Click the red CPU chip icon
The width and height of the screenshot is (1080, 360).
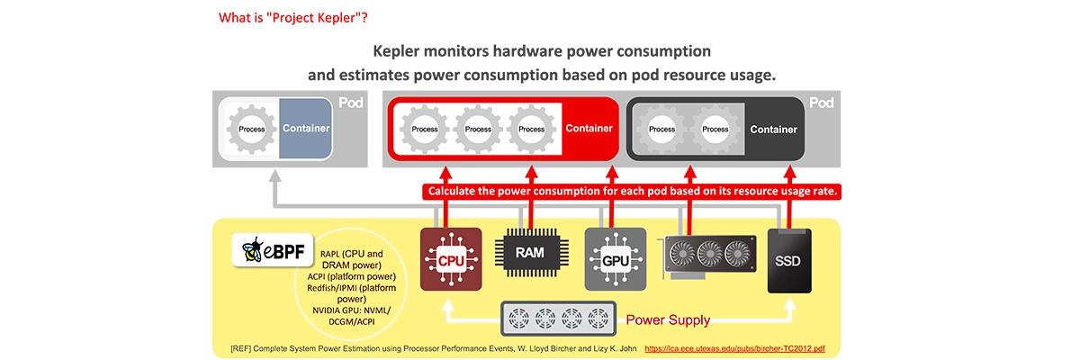(451, 259)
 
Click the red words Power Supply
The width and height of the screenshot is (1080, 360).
(668, 319)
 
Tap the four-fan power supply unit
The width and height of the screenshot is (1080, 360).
(558, 319)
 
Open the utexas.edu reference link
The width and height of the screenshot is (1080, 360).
(736, 347)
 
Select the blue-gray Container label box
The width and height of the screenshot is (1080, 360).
(306, 129)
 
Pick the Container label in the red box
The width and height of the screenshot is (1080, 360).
(589, 129)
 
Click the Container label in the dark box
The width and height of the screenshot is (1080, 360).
(773, 129)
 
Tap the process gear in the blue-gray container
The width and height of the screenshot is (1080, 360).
(252, 129)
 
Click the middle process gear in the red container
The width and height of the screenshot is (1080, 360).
(478, 129)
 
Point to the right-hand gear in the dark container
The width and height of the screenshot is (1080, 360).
(715, 129)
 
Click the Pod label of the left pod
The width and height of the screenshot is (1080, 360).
(350, 103)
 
